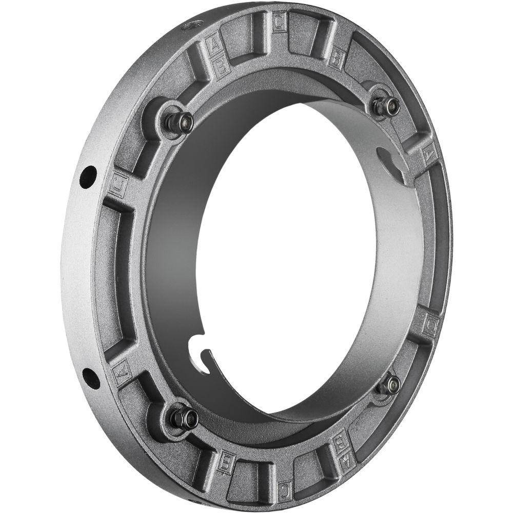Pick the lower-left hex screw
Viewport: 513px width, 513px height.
click(185, 418)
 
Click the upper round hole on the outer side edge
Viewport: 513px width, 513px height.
click(88, 176)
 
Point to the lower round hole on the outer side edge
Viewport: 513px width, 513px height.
click(91, 378)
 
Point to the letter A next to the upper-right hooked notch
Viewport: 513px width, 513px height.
click(427, 154)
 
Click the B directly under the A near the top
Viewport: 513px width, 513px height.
click(222, 66)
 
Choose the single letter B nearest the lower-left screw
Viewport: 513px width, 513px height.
click(226, 462)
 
